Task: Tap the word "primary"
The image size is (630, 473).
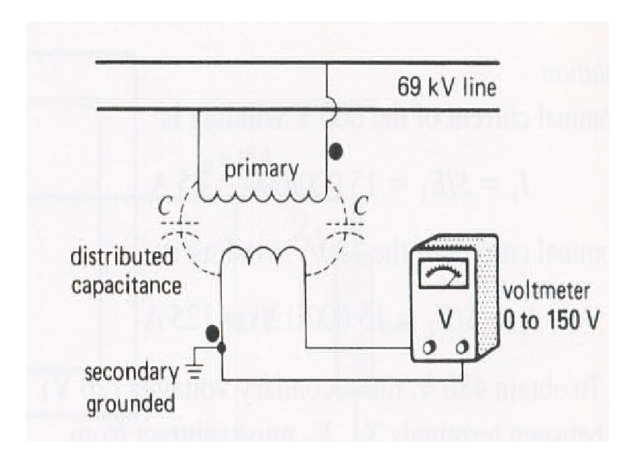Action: coord(261,169)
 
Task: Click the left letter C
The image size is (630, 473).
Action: coord(161,207)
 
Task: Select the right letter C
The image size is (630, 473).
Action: coord(361,207)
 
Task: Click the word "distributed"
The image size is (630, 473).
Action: coord(122,257)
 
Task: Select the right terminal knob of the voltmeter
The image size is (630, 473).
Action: coord(462,347)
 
